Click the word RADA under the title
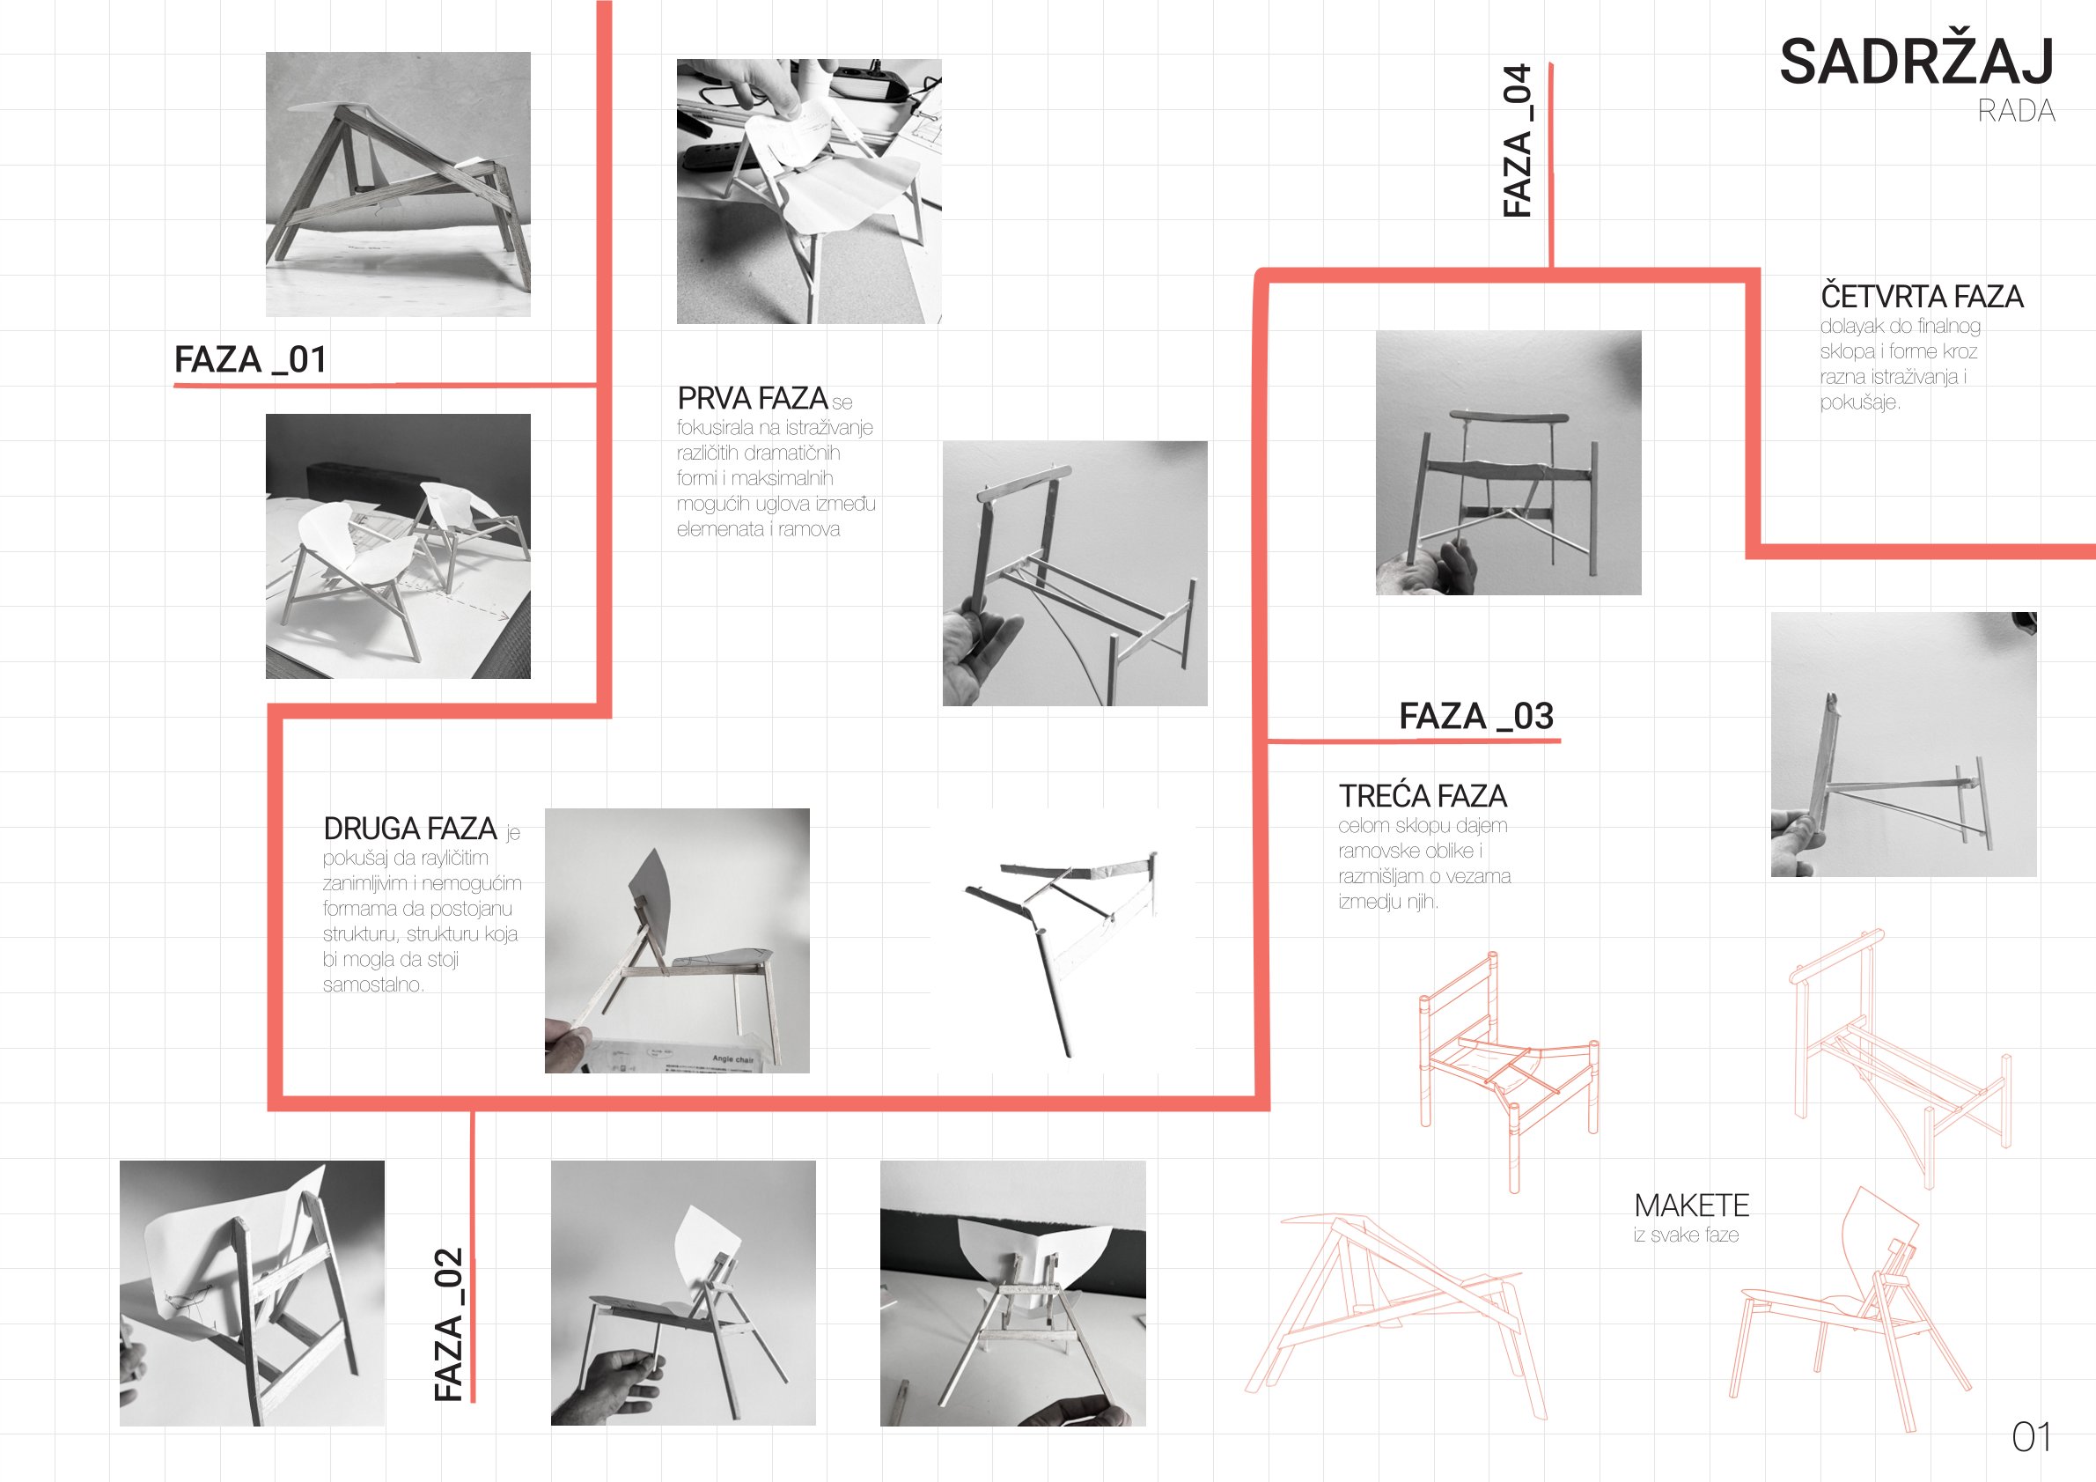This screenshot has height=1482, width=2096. pos(2017,112)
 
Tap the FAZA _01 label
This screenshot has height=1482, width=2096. pos(250,359)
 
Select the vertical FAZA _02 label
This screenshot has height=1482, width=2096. pos(449,1323)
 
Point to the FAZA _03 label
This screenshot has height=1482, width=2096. pos(1476,716)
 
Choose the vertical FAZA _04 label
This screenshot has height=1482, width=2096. pos(1518,140)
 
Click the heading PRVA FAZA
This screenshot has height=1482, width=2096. pos(753,398)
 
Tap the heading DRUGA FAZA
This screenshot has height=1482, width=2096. pos(410,829)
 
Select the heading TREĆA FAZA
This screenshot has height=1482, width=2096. pos(1423,796)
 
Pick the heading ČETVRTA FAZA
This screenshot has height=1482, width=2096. pos(1922,296)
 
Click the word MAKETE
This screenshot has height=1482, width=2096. pos(1692,1206)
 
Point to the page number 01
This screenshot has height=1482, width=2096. pos(2031,1437)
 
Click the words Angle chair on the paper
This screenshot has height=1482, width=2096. pos(733,1059)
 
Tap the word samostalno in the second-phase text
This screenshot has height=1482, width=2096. pos(373,985)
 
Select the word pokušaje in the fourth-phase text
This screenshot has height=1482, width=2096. pos(1859,402)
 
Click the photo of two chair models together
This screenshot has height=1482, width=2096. pos(398,546)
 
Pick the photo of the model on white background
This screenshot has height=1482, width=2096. pos(1063,940)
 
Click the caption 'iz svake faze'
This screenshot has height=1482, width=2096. pos(1686,1235)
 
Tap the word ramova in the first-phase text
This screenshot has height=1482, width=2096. pos(809,529)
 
